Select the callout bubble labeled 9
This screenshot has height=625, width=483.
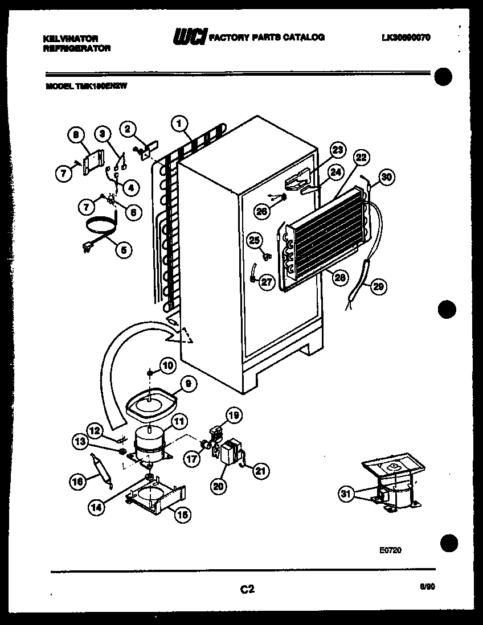(x=187, y=385)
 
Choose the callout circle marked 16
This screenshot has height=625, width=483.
(x=77, y=482)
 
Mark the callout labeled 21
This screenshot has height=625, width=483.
(x=261, y=470)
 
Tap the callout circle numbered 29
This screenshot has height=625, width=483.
(x=378, y=287)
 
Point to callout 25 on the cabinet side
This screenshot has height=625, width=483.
(x=254, y=240)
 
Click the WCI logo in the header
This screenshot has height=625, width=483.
(x=190, y=38)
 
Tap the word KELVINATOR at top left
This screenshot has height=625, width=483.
(x=71, y=38)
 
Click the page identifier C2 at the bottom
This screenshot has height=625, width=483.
(x=247, y=590)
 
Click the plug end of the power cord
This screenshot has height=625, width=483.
(x=88, y=247)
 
